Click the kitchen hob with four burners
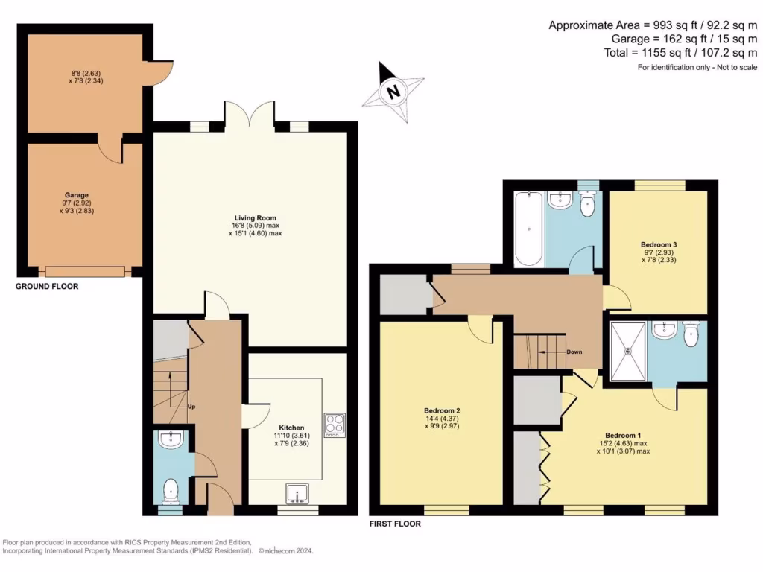point(335,424)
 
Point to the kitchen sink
point(300,495)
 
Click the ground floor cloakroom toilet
point(171,491)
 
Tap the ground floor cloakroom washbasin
point(171,439)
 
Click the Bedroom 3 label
point(658,244)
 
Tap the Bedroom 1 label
point(622,435)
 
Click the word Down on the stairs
point(574,352)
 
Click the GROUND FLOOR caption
point(47,286)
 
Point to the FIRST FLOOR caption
point(395,524)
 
